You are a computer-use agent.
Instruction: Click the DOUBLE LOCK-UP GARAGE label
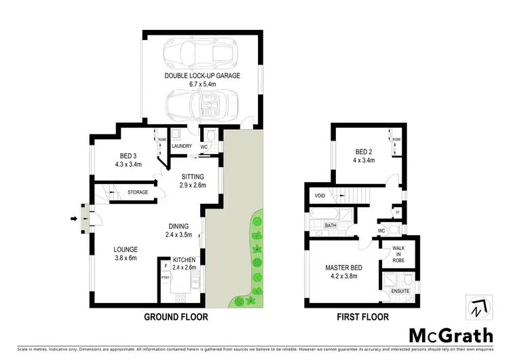pos(202,75)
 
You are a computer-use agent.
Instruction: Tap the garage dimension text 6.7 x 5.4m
pos(202,85)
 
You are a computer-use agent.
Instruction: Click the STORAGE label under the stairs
pos(138,193)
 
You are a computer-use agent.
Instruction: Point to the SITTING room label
pos(193,177)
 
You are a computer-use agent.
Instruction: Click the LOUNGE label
pos(126,249)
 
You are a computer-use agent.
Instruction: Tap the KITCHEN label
pos(185,260)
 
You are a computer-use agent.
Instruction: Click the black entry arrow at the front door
pos(73,218)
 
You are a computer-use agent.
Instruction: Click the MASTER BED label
pos(343,268)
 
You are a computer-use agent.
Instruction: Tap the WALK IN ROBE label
pos(398,253)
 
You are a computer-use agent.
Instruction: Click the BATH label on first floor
pos(331,226)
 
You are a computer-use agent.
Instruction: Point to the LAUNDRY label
pos(182,145)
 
